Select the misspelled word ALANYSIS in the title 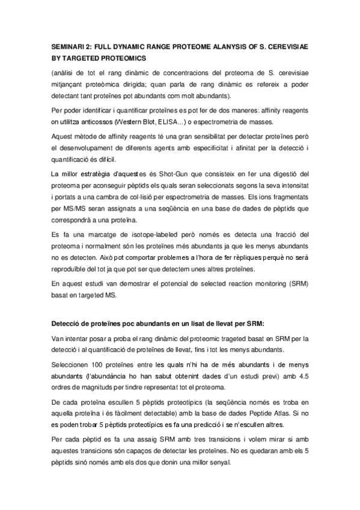[x=219, y=46]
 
